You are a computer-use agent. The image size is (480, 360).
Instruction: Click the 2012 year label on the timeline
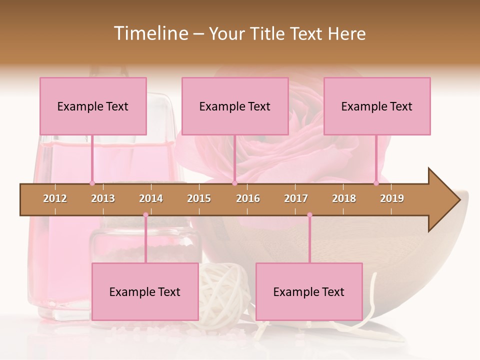pos(55,198)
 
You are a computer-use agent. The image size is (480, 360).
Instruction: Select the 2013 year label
pos(103,198)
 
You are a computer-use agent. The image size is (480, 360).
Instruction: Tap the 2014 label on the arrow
pos(151,198)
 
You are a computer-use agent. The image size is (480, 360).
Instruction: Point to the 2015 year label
pos(199,198)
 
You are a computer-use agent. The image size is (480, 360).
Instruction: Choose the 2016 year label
pos(248,198)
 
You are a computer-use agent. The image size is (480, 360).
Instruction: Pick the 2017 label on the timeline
pos(296,198)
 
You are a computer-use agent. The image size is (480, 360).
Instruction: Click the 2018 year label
pos(344,198)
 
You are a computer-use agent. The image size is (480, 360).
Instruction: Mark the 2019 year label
pos(392,198)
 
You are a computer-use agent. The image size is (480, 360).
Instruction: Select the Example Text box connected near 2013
pos(93,106)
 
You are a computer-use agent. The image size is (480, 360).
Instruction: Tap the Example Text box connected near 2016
pos(235,106)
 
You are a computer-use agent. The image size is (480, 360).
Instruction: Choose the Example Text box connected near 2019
pos(377,106)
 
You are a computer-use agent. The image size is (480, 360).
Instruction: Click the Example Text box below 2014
pos(145,291)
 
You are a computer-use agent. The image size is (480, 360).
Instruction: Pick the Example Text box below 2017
pos(309,291)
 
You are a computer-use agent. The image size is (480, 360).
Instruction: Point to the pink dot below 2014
pos(145,215)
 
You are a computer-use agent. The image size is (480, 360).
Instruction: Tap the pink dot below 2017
pos(309,215)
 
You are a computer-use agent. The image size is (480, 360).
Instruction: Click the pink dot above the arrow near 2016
pos(234,183)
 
